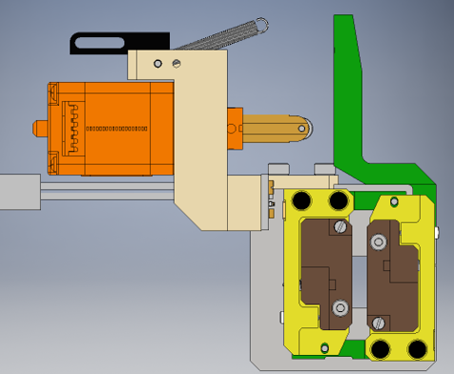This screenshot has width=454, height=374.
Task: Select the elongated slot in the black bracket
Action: tap(100, 42)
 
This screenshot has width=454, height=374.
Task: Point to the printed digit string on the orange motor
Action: tap(117, 128)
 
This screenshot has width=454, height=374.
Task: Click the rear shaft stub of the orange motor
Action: tap(39, 127)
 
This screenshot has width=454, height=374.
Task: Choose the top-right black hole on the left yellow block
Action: tap(338, 201)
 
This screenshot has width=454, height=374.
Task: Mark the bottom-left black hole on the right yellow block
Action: tap(382, 349)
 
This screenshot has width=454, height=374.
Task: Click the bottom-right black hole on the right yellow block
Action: tap(418, 349)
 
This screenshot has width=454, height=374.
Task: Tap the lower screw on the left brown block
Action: tap(340, 307)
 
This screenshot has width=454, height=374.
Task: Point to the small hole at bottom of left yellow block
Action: tap(325, 347)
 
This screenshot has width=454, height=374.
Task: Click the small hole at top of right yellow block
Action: tap(396, 202)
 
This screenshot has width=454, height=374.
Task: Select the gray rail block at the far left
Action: tap(19, 192)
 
